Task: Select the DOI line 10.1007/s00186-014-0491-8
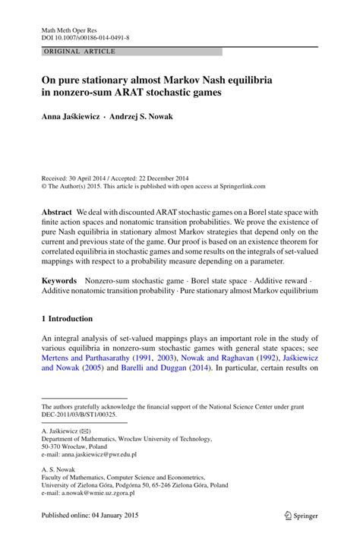[x=84, y=34]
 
